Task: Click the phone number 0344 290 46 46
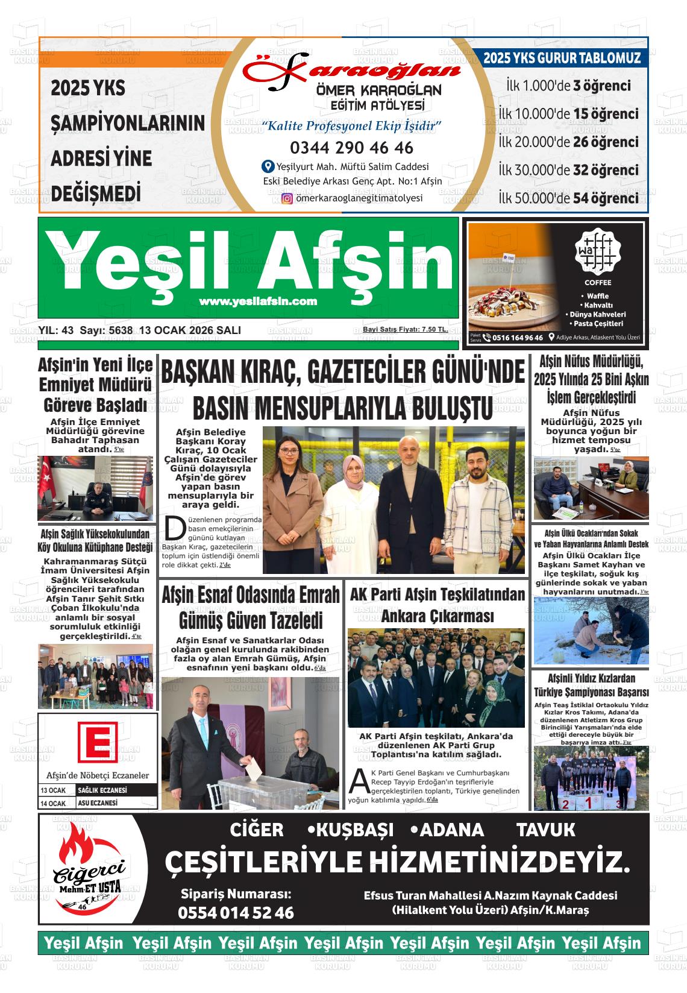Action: pos(351,148)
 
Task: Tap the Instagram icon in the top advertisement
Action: pos(287,198)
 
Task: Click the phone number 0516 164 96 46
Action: pos(517,338)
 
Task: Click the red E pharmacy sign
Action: pos(97,741)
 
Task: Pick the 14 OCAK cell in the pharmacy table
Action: pos(53,804)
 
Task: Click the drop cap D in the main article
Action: pos(174,529)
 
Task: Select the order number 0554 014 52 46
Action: pos(236,913)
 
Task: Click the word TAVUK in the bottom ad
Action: pos(546,830)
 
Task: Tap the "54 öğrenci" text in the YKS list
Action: pos(606,198)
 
